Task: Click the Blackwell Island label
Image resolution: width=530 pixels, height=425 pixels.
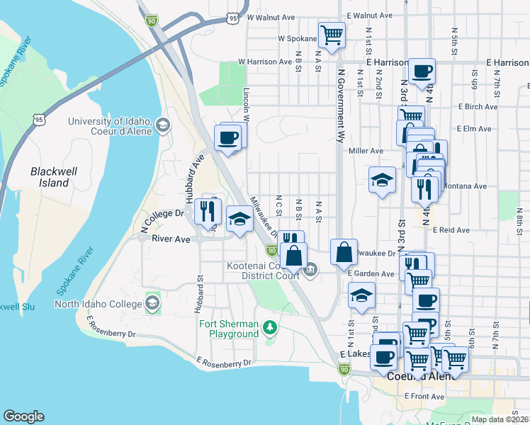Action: tap(50, 177)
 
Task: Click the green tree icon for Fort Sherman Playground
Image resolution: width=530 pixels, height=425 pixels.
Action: tap(269, 327)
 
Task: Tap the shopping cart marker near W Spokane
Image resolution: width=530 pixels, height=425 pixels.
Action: tap(331, 33)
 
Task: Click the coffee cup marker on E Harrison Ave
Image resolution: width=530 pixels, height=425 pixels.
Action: tap(422, 71)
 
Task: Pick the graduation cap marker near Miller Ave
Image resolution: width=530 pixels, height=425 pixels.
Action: tap(382, 180)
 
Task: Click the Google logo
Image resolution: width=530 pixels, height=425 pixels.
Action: tap(23, 416)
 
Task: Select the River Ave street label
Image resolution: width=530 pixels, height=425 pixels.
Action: tap(171, 239)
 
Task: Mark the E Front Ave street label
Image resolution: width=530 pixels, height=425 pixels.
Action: tap(424, 397)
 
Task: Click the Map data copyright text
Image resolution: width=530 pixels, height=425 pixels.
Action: tap(500, 419)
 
